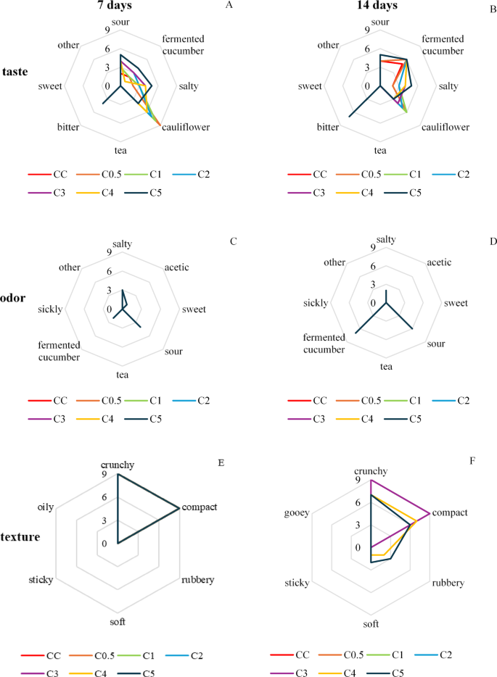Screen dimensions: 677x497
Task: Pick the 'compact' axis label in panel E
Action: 200,507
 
